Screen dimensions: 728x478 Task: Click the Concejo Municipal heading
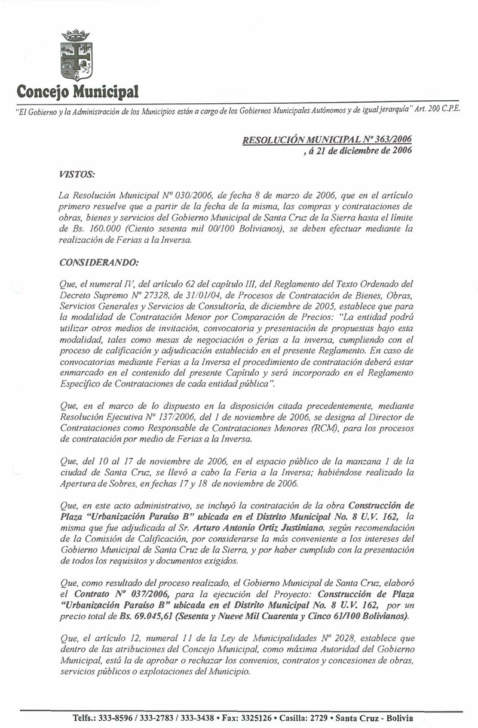coord(78,92)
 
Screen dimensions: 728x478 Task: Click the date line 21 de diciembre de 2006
coord(359,150)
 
